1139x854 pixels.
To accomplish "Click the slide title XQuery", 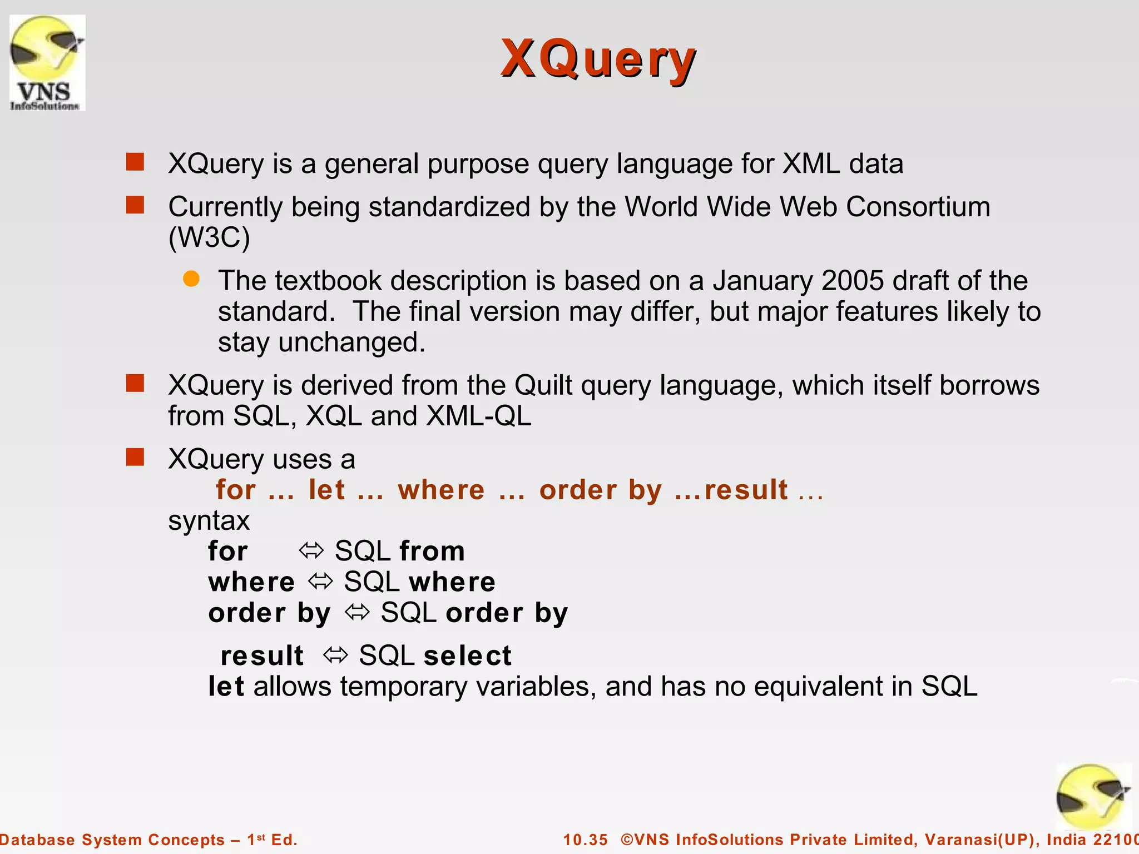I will point(598,59).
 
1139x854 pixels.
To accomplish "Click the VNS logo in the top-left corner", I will point(47,63).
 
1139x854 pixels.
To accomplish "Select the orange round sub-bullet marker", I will point(191,279).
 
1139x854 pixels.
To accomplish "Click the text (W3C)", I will point(209,237).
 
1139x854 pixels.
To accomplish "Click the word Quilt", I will point(543,385).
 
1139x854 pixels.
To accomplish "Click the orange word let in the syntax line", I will point(326,490).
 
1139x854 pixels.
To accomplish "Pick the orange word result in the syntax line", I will point(746,490).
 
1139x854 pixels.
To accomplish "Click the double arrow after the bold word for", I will point(311,551).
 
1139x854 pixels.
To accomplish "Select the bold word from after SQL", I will point(432,552).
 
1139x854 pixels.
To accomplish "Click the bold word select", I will point(467,656).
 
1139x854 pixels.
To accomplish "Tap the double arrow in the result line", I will point(335,656).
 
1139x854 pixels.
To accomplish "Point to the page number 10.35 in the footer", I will point(585,840).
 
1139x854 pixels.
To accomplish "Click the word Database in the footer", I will point(37,840).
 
